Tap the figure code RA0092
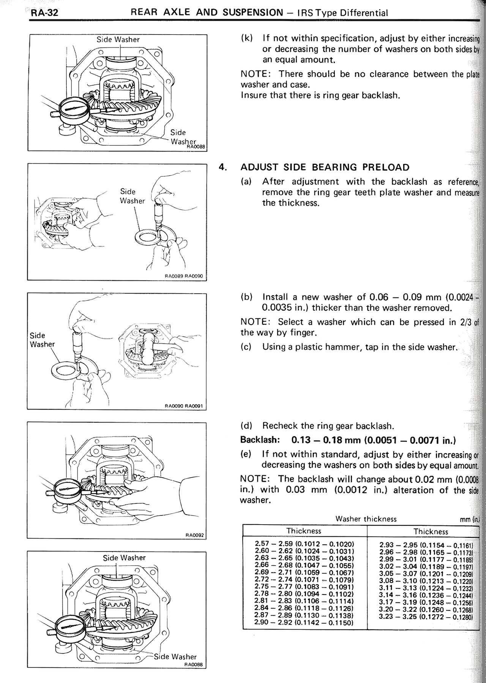point(195,535)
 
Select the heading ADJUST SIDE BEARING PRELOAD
point(325,168)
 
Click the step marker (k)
point(247,38)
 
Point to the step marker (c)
point(247,347)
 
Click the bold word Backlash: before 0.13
point(260,440)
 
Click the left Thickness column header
point(304,531)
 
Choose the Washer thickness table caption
point(366,519)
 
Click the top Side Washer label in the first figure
point(118,40)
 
